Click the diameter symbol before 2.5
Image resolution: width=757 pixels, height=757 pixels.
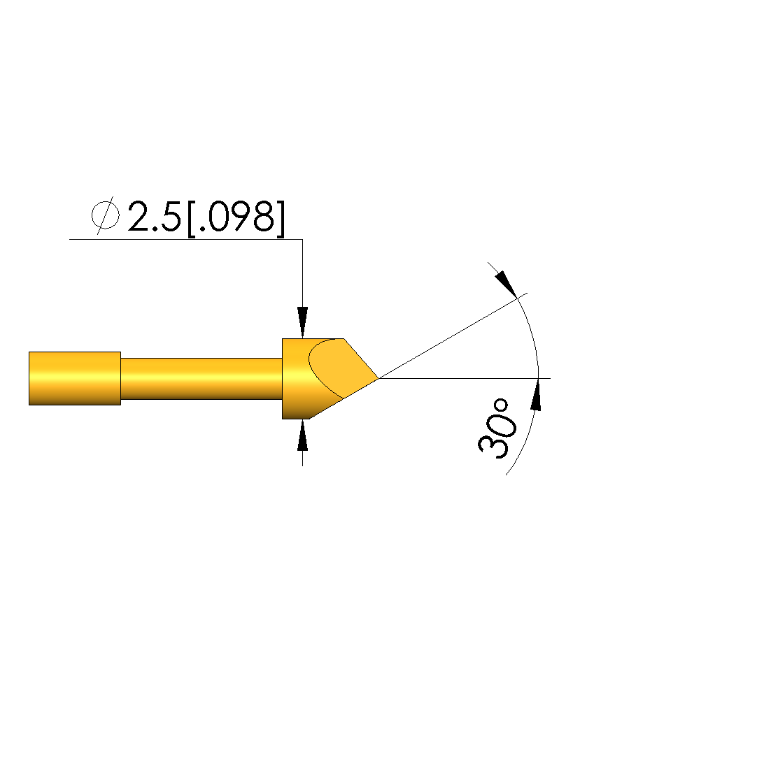(106, 215)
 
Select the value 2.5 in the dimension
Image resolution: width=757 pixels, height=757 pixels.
(155, 216)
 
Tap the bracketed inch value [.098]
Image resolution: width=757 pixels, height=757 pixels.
(236, 218)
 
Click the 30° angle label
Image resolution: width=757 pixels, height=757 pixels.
(497, 428)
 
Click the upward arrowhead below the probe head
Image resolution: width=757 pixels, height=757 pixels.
(302, 435)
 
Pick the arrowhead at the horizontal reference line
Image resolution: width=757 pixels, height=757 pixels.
(535, 395)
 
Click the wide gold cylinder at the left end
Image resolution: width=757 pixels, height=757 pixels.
(75, 379)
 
